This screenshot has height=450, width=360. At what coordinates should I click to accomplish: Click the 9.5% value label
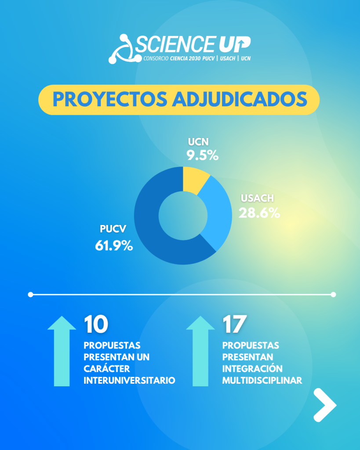203,155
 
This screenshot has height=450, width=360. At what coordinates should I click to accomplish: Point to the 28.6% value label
259,213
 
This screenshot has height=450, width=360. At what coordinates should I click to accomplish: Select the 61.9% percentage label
114,246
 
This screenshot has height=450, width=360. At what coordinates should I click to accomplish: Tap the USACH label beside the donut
257,198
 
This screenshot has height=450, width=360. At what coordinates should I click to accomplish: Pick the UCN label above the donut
198,142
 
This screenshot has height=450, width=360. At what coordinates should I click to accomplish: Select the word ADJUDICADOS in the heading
239,100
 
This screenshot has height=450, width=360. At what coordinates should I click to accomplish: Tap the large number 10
96,324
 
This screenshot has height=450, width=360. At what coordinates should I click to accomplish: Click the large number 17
234,324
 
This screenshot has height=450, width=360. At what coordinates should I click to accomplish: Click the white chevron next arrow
324,405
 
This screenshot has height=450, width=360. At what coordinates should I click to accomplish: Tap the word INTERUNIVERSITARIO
129,380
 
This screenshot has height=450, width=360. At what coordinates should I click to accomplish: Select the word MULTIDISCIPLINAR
262,380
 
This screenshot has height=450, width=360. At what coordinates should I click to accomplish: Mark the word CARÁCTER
107,369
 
